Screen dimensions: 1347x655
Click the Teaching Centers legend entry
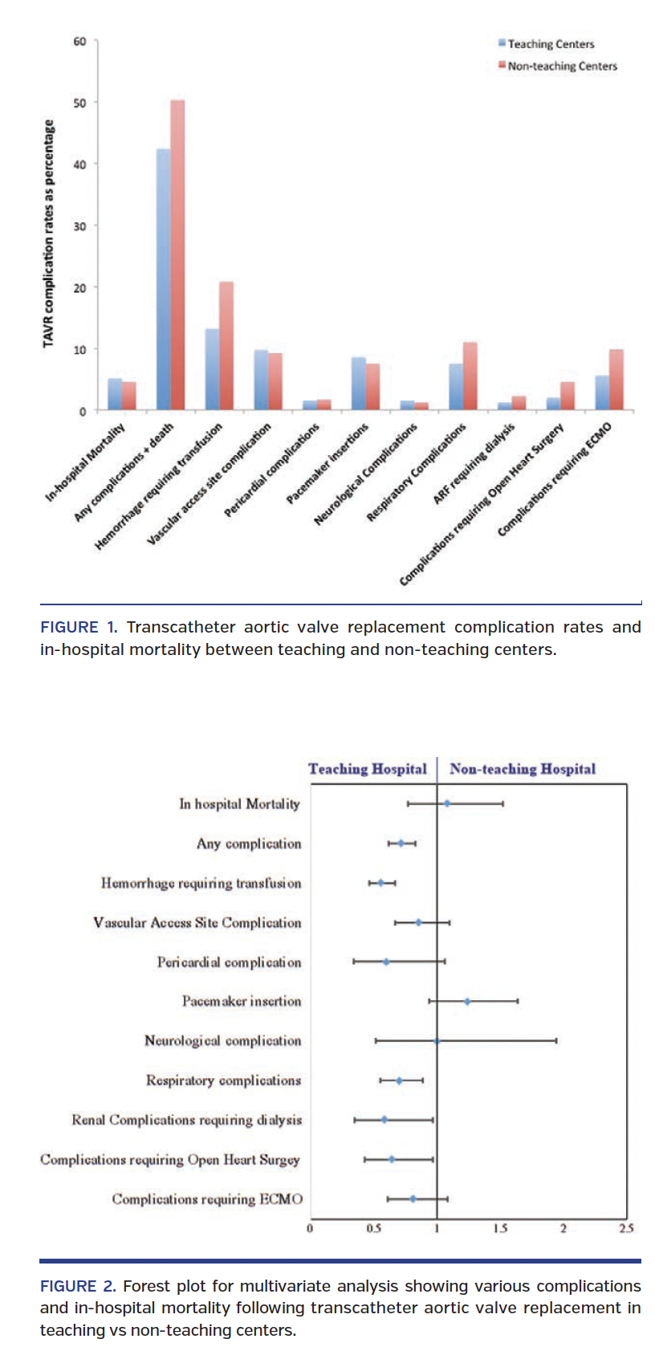[x=551, y=44]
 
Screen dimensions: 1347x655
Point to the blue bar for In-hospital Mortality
[x=115, y=394]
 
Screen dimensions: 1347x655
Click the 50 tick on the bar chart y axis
[x=79, y=103]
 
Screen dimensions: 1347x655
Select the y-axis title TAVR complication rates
[x=49, y=234]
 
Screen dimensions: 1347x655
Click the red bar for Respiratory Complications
[x=470, y=376]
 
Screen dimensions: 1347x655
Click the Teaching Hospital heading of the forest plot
[x=368, y=769]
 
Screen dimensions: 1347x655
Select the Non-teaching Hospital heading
[x=523, y=769]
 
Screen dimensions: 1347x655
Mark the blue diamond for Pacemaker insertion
[x=467, y=1001]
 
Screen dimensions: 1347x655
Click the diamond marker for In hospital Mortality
[x=447, y=803]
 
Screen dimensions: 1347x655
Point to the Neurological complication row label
[x=222, y=1041]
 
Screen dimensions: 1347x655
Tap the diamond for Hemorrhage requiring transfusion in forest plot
[x=380, y=883]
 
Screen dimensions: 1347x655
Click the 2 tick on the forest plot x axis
[x=563, y=1228]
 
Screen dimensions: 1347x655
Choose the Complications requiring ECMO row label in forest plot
[x=207, y=1199]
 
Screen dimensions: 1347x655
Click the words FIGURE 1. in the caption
[x=79, y=628]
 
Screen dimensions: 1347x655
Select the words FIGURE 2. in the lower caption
[x=78, y=1286]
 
